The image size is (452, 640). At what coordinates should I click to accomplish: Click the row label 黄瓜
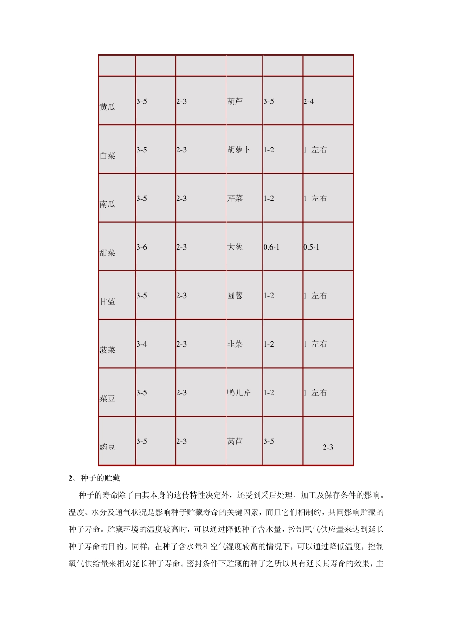108,107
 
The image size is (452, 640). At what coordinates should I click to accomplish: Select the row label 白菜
108,156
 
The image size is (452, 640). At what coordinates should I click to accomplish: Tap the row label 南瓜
108,204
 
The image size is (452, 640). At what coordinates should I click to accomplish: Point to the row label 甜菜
108,253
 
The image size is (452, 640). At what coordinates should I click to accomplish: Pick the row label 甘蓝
108,301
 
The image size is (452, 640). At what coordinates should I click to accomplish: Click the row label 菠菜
108,350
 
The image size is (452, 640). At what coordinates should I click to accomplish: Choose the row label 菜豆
108,399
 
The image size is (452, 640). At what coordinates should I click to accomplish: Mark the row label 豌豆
108,447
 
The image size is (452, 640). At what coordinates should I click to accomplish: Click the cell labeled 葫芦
235,101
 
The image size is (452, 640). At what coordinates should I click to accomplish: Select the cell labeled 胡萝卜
239,150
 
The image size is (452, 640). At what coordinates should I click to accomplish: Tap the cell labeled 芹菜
235,199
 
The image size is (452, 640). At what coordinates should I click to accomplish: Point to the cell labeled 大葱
235,247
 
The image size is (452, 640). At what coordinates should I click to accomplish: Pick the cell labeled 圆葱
235,296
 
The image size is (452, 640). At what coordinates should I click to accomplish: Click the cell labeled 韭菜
235,344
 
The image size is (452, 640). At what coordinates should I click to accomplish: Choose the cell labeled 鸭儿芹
239,393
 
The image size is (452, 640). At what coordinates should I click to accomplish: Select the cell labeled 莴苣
235,441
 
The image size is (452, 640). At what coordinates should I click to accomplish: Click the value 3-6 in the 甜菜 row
142,247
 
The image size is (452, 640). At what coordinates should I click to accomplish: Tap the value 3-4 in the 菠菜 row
142,344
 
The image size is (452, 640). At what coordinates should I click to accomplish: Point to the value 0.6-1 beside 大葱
272,247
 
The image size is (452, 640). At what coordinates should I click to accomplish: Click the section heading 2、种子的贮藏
97,478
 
